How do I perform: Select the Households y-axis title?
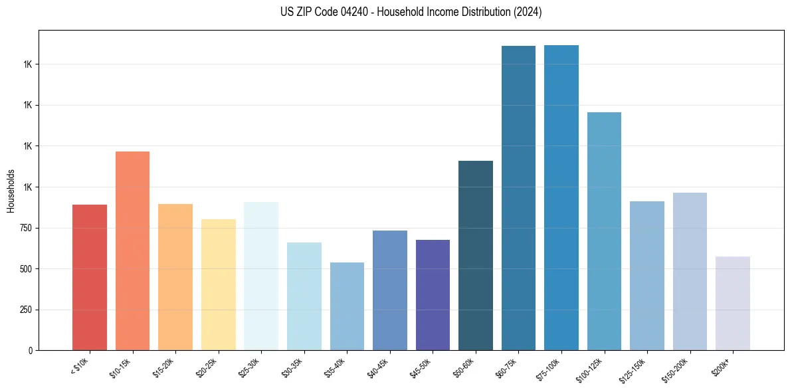click(x=11, y=191)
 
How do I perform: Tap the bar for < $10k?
click(x=90, y=277)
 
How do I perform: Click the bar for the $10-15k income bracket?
click(x=132, y=250)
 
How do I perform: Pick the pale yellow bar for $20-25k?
click(x=218, y=284)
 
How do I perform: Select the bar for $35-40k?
click(x=347, y=306)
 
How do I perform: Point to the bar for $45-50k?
click(x=433, y=295)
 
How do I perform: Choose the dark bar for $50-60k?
click(x=476, y=255)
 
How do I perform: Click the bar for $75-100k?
click(x=561, y=197)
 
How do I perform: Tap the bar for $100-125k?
click(x=604, y=231)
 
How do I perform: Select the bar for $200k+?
click(x=733, y=303)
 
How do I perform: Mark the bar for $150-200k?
click(x=690, y=271)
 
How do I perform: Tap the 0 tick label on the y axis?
click(x=31, y=351)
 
